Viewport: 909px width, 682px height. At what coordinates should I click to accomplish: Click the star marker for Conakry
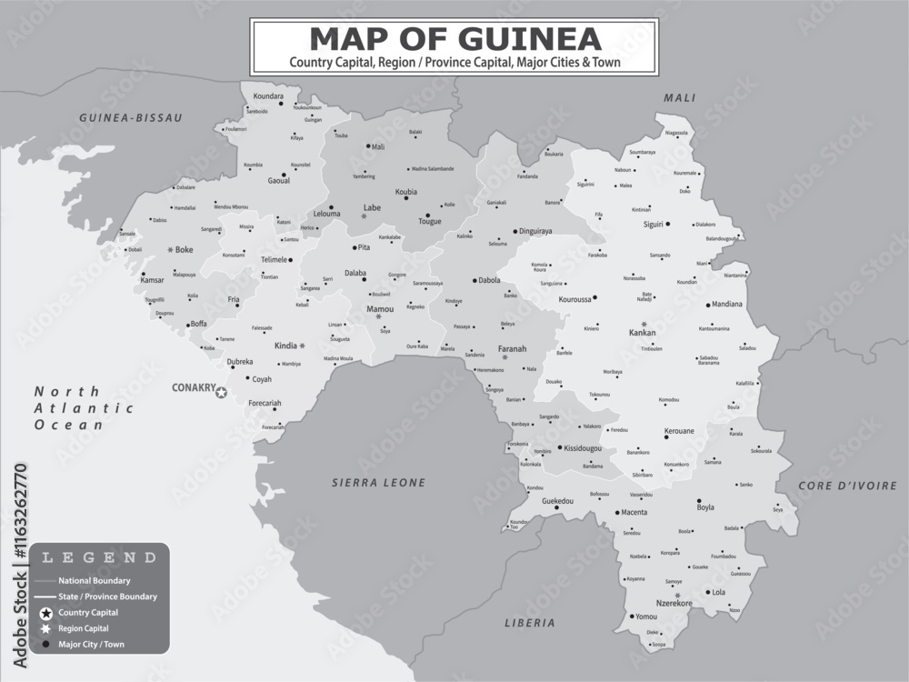(221, 393)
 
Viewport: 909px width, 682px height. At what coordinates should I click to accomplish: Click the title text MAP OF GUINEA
(454, 38)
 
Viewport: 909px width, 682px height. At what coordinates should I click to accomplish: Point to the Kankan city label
(642, 334)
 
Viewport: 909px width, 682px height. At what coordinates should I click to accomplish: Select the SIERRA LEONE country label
(378, 483)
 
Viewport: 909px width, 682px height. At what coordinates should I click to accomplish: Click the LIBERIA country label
(529, 623)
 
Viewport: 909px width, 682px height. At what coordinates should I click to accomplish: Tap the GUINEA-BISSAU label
(131, 118)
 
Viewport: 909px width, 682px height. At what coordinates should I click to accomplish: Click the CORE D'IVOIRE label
(848, 486)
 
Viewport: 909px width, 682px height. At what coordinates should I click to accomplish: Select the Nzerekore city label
(674, 603)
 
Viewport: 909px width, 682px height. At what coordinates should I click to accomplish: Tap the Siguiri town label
(653, 224)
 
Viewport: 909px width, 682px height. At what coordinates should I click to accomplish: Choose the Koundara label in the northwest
(268, 95)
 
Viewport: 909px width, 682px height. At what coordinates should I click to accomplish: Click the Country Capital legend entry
(88, 613)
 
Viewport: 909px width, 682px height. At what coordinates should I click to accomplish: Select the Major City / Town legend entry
(91, 645)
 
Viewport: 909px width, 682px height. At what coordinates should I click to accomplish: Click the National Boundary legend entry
(94, 580)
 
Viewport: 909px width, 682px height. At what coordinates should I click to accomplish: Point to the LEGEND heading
(100, 557)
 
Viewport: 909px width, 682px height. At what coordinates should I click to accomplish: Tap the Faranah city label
(512, 348)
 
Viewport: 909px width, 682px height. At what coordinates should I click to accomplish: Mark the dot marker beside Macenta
(616, 513)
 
